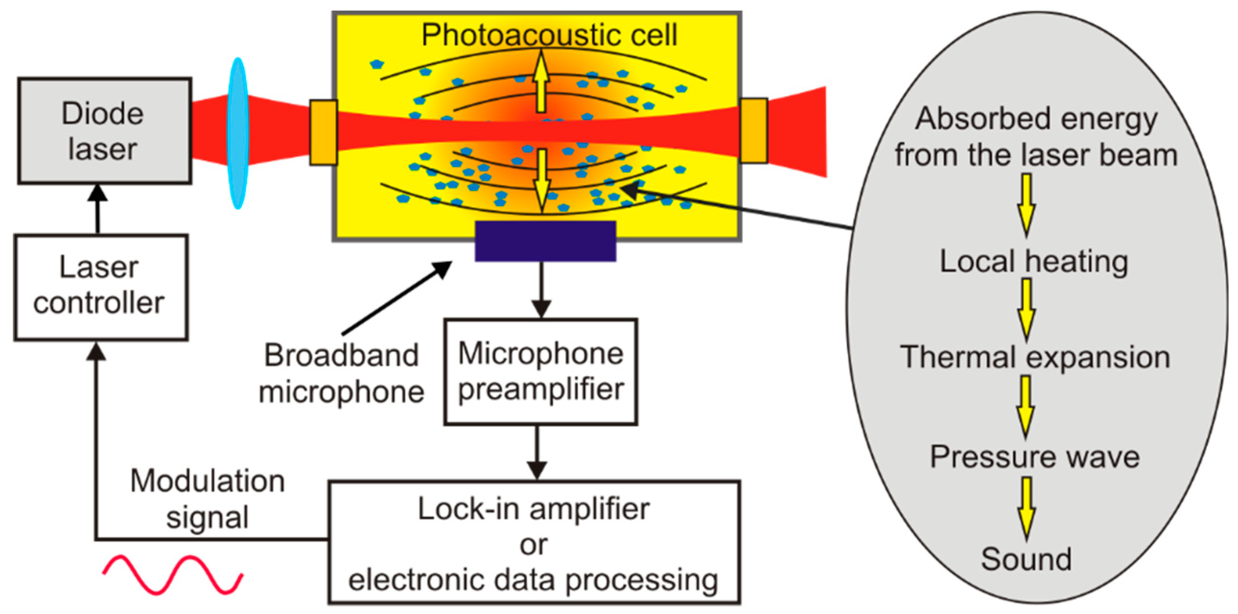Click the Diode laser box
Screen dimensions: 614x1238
pos(105,131)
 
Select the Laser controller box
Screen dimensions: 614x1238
pos(100,287)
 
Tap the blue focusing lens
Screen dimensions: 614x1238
pos(237,133)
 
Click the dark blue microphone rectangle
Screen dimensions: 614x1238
pos(545,241)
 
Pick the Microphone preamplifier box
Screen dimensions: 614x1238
pos(541,371)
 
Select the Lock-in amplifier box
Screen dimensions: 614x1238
pos(534,543)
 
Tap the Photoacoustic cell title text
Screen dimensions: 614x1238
pos(549,35)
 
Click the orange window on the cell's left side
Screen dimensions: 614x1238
pos(323,133)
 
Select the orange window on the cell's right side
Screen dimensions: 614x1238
pos(753,131)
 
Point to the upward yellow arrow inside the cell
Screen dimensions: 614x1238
pos(542,81)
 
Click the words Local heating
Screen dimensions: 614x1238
pos(1034,262)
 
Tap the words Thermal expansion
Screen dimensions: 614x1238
pos(1035,358)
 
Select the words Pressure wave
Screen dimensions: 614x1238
pos(1035,457)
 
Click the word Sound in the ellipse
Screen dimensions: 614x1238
pos(1026,559)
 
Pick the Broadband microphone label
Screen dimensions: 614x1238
pos(341,374)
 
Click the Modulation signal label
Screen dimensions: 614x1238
pos(207,499)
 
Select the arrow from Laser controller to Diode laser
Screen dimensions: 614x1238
pos(98,209)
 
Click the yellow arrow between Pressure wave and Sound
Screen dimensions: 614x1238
pos(1026,508)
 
